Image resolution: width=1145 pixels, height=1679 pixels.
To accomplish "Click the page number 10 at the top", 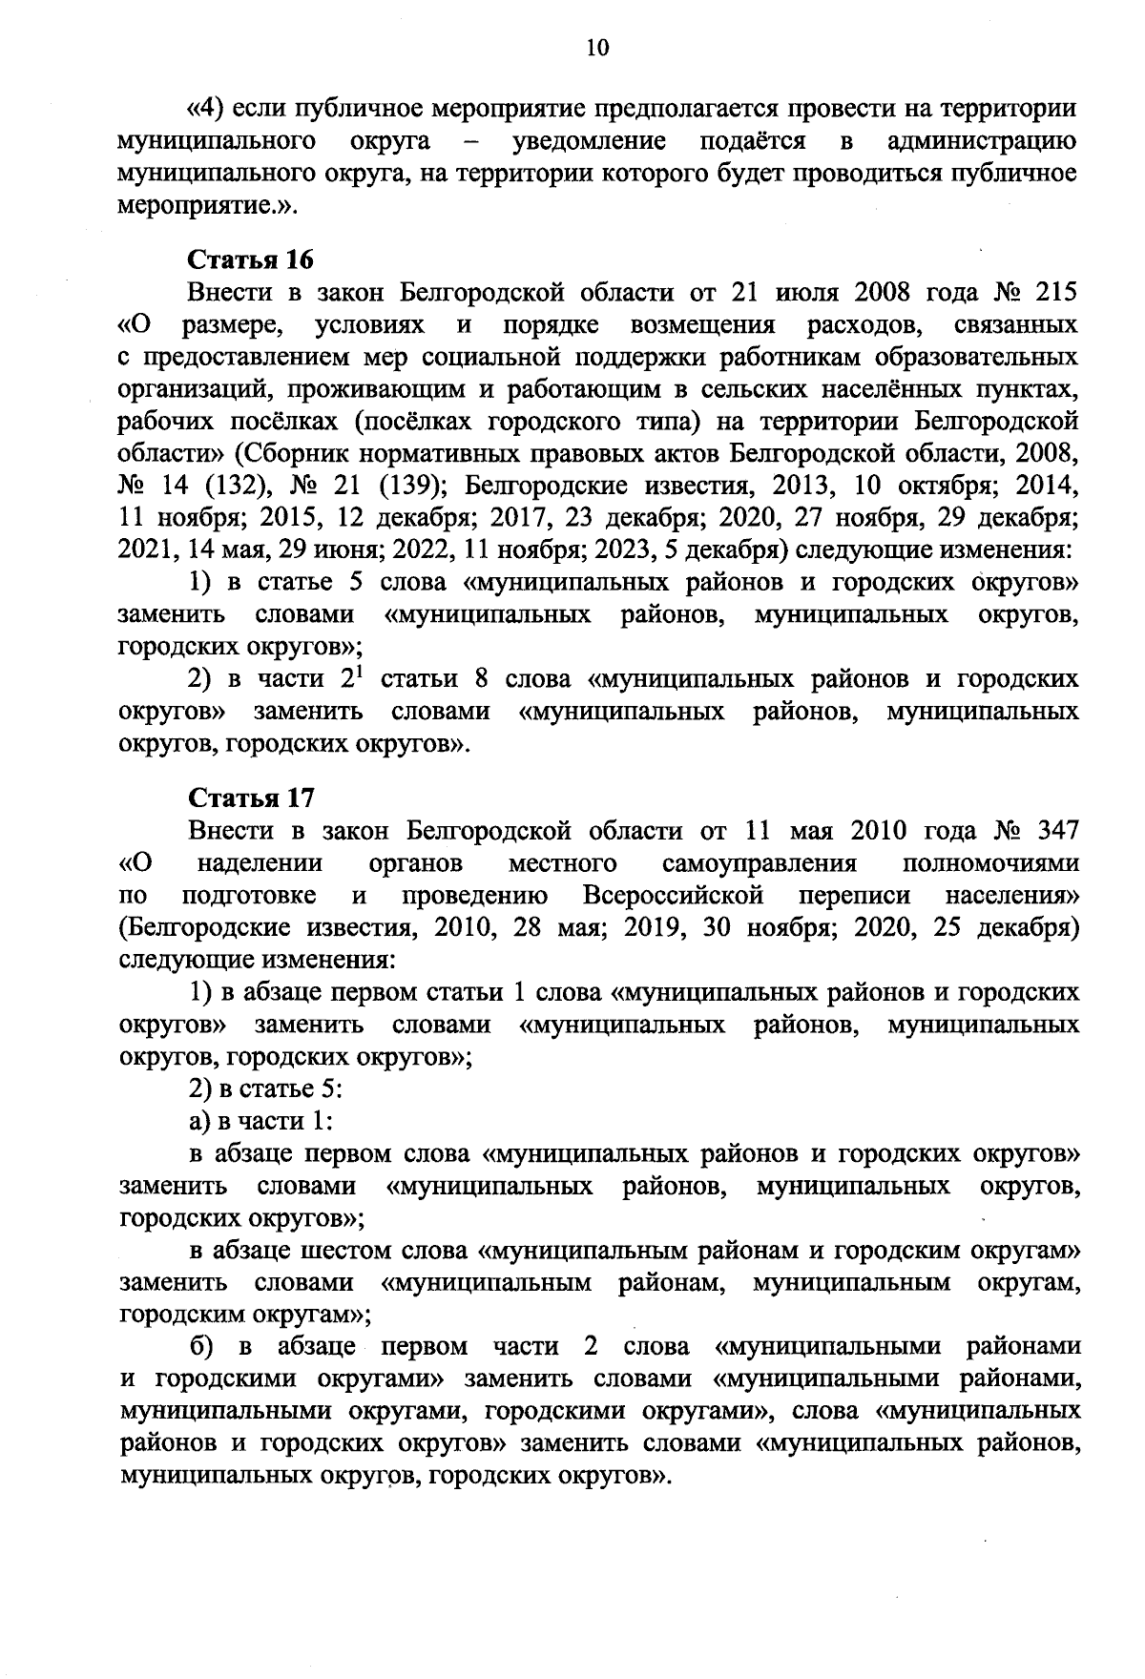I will click(x=597, y=49).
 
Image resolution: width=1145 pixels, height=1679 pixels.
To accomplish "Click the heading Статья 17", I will click(x=251, y=798).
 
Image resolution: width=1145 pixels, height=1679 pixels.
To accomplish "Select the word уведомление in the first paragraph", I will click(x=589, y=142).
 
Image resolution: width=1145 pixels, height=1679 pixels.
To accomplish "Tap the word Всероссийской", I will click(x=675, y=896).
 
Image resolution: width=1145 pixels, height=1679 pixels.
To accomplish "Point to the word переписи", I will click(x=855, y=896).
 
